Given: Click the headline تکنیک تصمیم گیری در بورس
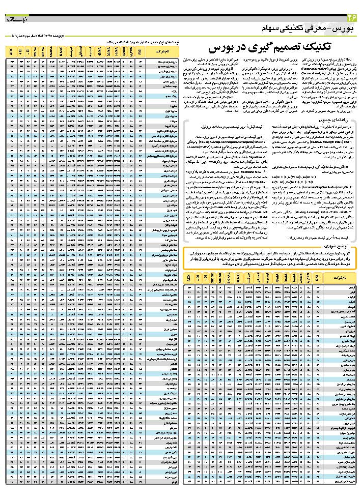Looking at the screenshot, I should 264,48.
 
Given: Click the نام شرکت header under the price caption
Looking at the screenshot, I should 161,52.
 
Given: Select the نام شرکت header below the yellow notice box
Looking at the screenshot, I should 341,279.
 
